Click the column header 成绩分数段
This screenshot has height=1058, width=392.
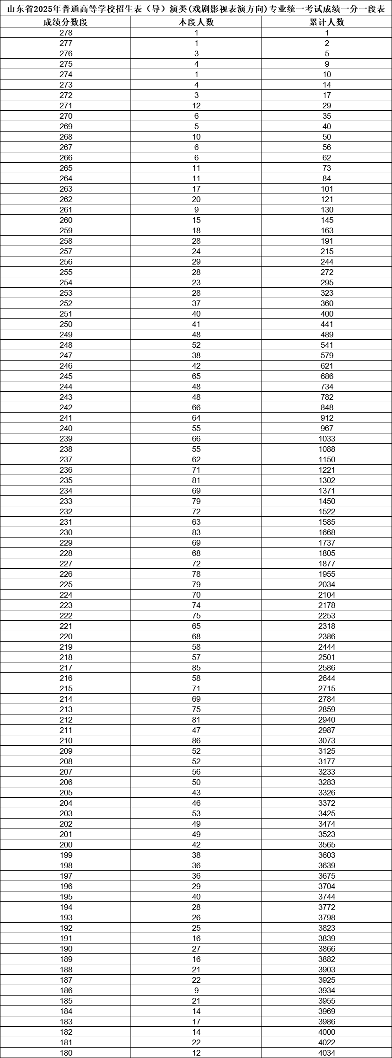point(66,23)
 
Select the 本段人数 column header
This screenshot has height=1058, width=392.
point(196,23)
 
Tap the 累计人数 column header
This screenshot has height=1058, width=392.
point(327,23)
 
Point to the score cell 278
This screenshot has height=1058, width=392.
point(66,33)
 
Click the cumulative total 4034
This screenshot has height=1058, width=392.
point(327,1053)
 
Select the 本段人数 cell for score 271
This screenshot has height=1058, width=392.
point(196,106)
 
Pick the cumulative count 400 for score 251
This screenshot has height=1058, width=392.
point(327,314)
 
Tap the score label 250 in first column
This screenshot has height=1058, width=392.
point(66,325)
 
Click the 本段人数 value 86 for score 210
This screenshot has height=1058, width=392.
point(196,741)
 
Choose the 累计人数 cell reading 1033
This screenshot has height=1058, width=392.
point(327,439)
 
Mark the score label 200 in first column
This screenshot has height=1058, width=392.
point(66,845)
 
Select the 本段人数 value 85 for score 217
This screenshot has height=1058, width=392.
point(196,668)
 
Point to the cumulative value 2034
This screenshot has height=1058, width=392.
point(327,585)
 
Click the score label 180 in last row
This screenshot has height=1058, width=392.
point(66,1053)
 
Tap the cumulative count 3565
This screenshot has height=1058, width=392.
point(327,845)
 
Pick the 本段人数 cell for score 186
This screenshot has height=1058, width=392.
point(196,991)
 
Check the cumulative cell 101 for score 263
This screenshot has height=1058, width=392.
point(327,189)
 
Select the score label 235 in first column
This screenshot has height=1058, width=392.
point(66,481)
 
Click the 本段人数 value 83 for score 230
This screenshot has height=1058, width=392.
point(196,533)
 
